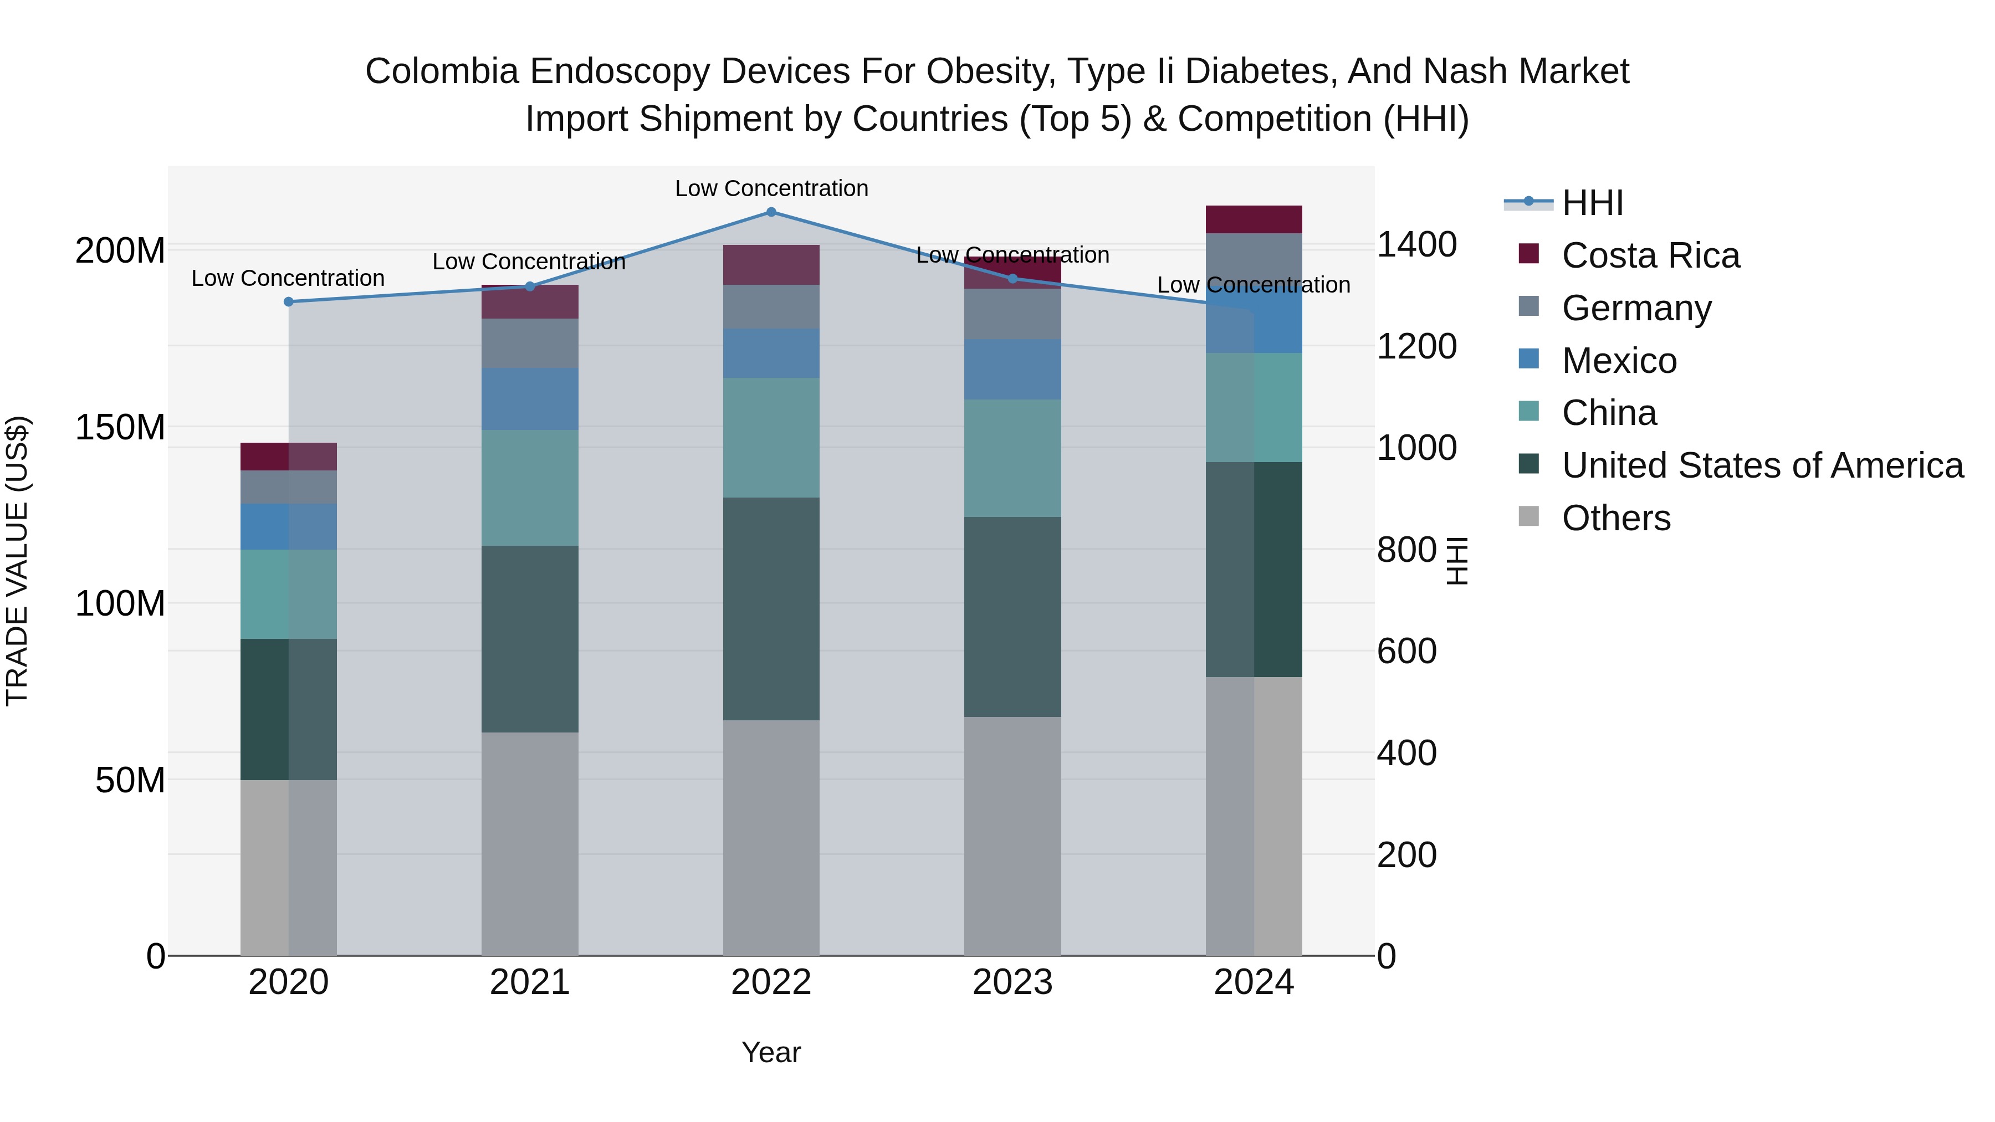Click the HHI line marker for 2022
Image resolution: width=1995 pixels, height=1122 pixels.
(771, 212)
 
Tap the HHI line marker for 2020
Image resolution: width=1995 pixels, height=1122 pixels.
(289, 302)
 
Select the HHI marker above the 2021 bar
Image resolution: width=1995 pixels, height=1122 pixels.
(530, 286)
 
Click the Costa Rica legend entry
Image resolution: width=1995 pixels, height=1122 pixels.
(1650, 255)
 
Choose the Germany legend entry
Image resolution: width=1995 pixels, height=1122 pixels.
(1636, 308)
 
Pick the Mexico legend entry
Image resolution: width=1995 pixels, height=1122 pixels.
(1619, 361)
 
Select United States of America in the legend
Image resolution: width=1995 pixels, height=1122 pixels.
(1762, 465)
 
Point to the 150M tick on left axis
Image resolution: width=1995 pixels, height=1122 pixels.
(120, 427)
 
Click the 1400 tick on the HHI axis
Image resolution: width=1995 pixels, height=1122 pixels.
(1416, 245)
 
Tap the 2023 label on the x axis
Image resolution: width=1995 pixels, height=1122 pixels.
(1012, 982)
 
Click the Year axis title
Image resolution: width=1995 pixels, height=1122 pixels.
(771, 1052)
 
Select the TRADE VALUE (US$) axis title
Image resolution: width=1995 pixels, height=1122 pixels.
(17, 561)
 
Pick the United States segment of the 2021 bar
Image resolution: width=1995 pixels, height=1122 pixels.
(530, 639)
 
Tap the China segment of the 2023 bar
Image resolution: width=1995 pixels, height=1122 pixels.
(1012, 458)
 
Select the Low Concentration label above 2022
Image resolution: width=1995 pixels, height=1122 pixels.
(771, 188)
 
